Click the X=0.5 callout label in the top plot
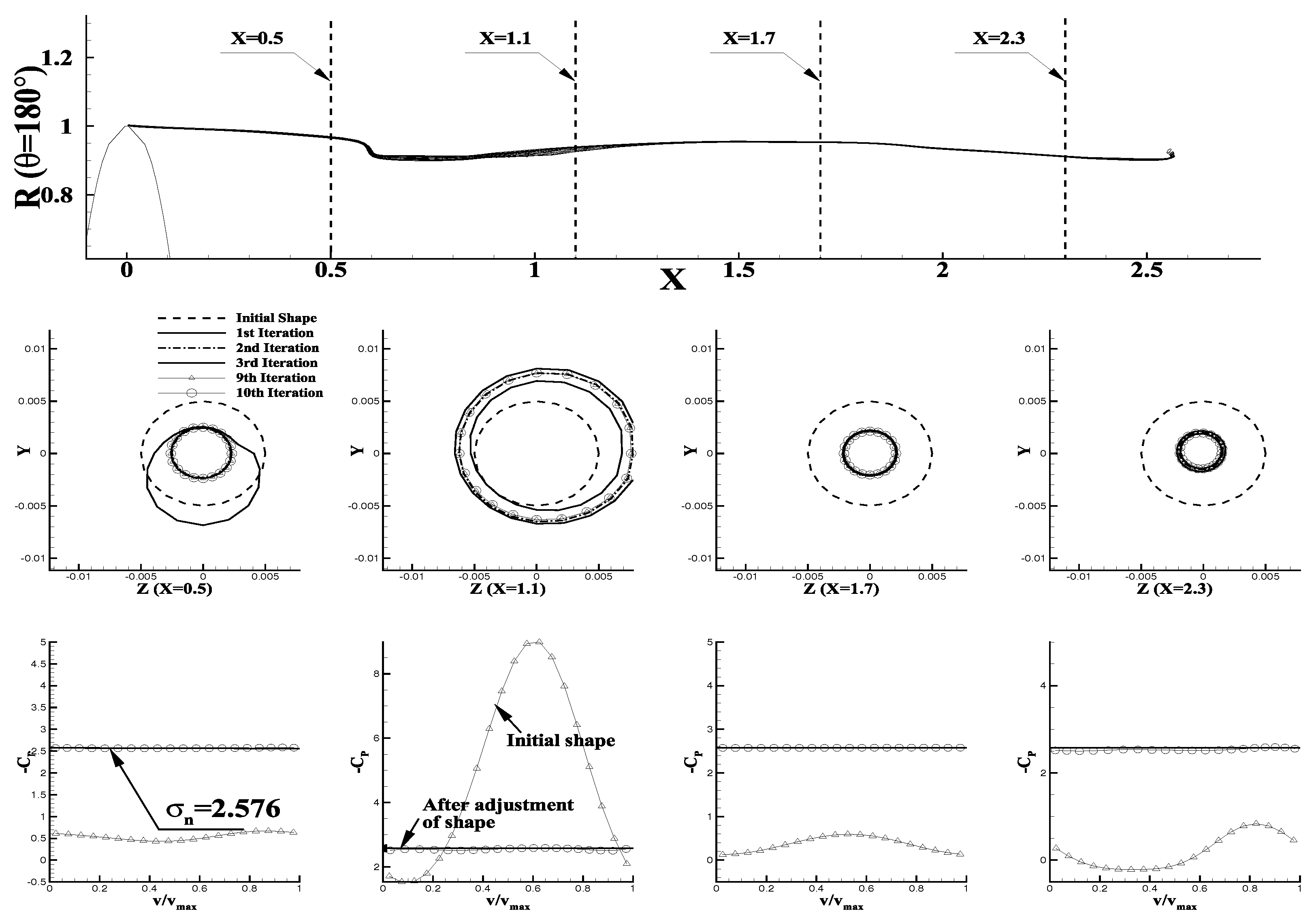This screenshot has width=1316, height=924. point(257,38)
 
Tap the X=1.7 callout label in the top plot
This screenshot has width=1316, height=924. point(749,38)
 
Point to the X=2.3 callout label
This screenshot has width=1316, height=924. point(998,38)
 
